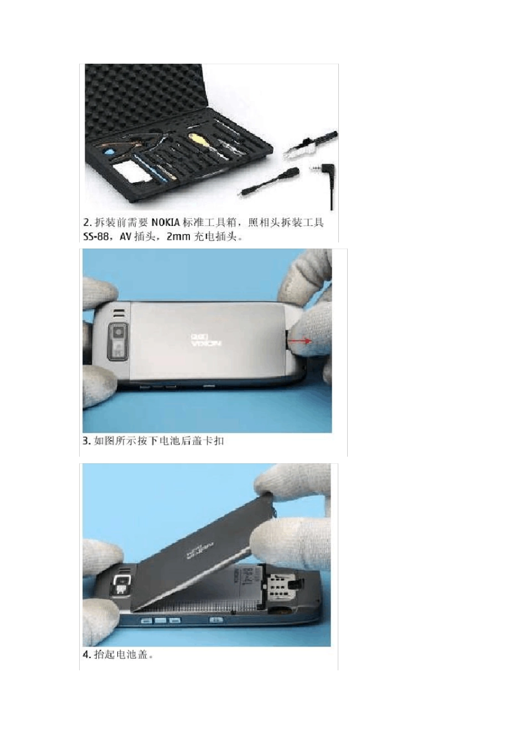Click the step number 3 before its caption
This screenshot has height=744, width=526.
pyautogui.click(x=86, y=441)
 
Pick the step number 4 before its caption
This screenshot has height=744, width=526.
pyautogui.click(x=86, y=655)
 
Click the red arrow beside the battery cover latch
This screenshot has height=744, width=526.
pyautogui.click(x=301, y=342)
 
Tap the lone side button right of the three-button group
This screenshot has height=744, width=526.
pyautogui.click(x=216, y=619)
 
